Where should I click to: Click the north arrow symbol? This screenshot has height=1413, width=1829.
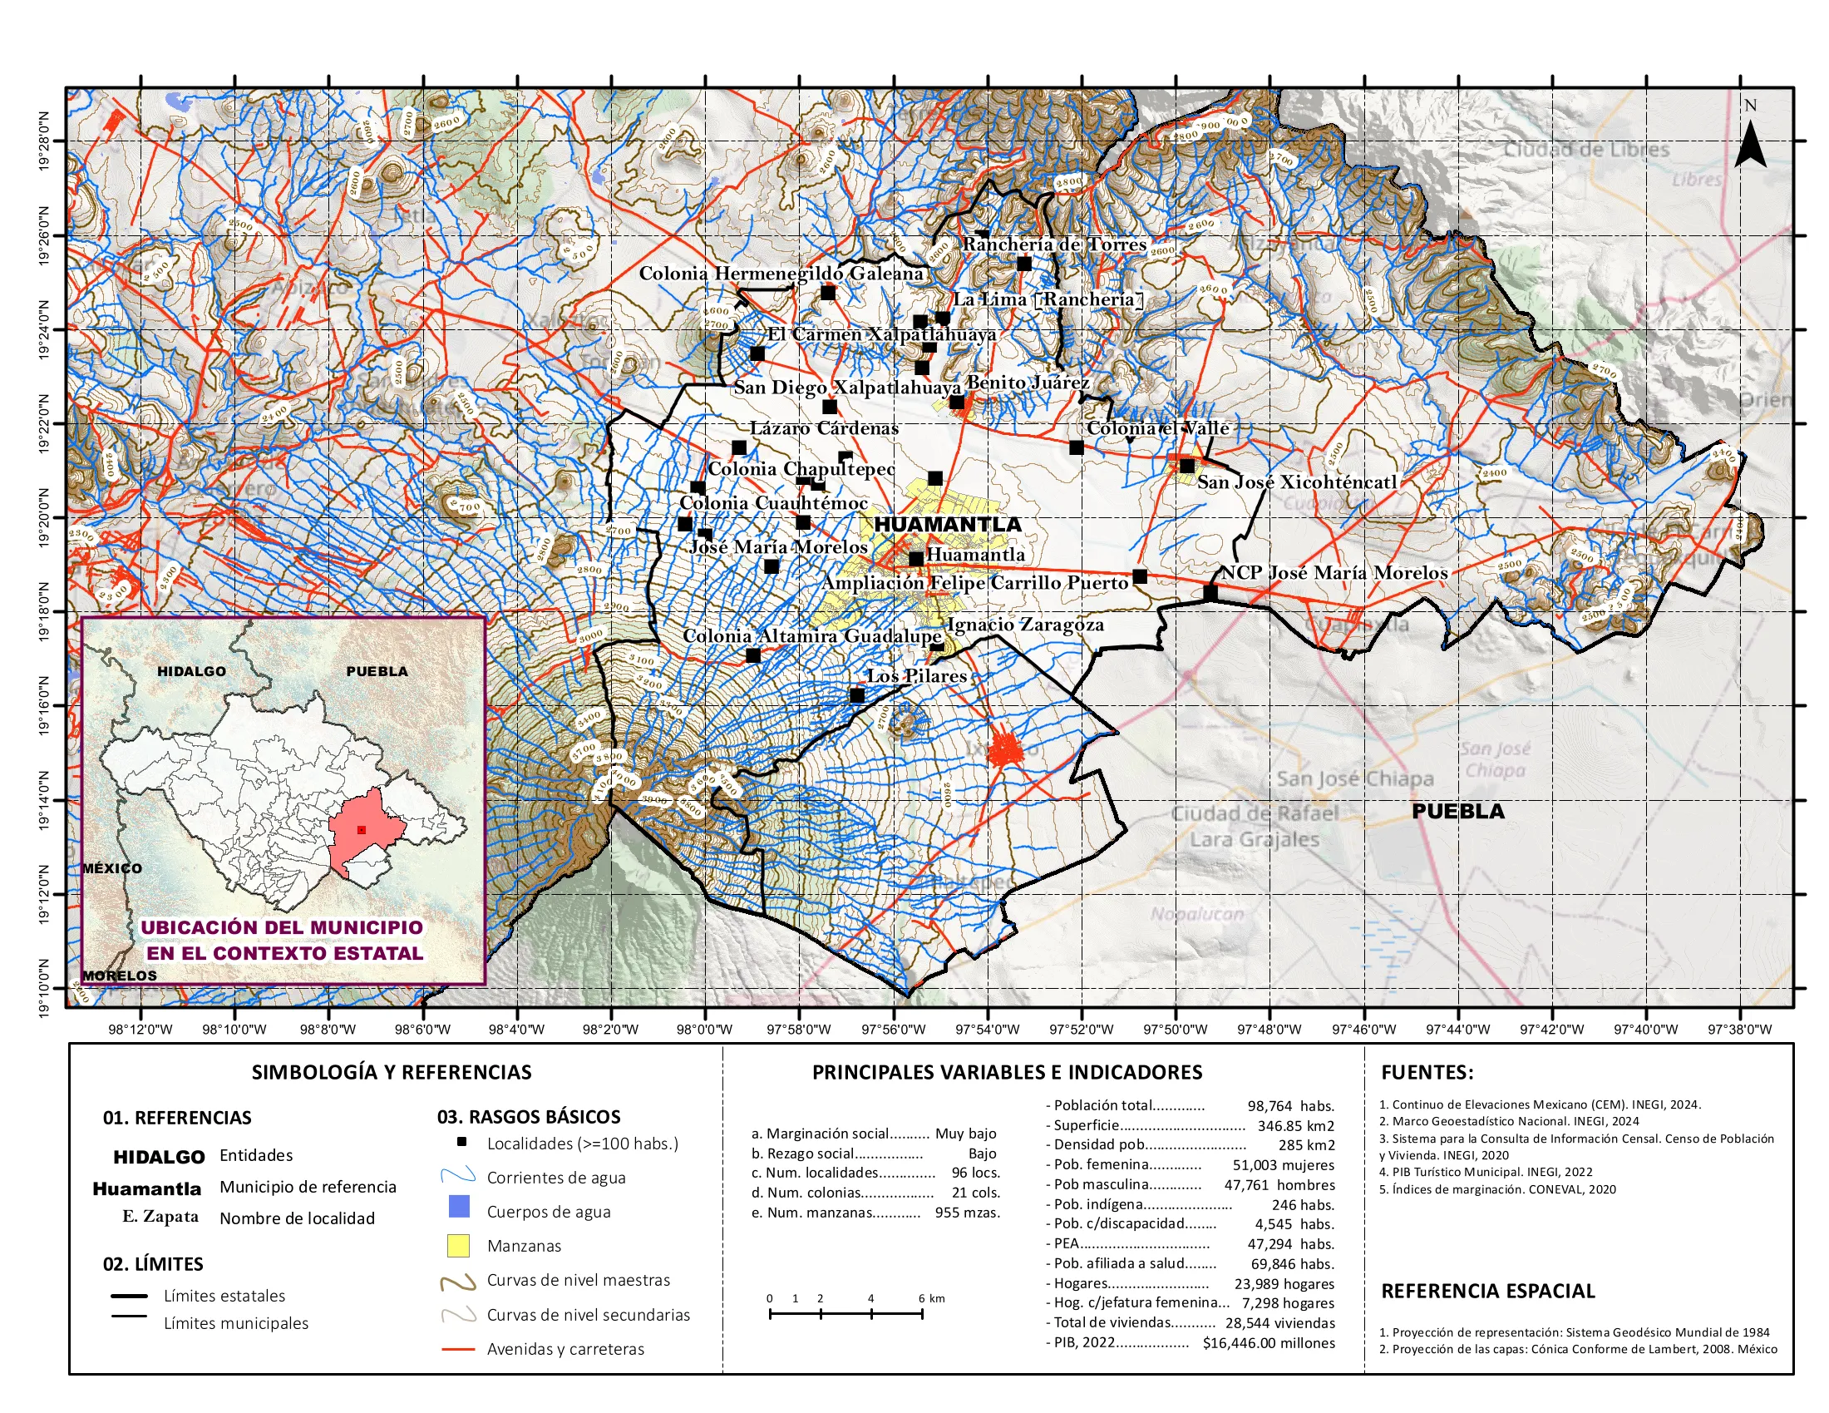pyautogui.click(x=1749, y=143)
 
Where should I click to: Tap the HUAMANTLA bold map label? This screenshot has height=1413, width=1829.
pyautogui.click(x=947, y=524)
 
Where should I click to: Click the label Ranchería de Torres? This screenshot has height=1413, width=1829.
pyautogui.click(x=1053, y=245)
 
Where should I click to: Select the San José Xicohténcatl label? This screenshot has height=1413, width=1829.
pyautogui.click(x=1296, y=482)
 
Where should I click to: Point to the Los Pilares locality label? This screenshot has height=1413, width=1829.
pyautogui.click(x=916, y=676)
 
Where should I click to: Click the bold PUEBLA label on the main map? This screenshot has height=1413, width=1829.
pyautogui.click(x=1457, y=811)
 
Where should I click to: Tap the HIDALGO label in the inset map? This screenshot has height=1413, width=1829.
pyautogui.click(x=191, y=671)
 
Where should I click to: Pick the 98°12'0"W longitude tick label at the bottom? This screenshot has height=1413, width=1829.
pyautogui.click(x=140, y=1030)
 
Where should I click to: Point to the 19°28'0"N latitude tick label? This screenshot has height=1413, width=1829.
pyautogui.click(x=44, y=141)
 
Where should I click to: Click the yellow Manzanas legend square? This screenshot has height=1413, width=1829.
pyautogui.click(x=458, y=1246)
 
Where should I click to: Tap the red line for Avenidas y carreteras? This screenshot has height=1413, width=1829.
pyautogui.click(x=457, y=1349)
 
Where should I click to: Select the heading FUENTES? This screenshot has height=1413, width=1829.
pyautogui.click(x=1426, y=1072)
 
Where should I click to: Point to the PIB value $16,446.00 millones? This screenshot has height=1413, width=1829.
pyautogui.click(x=1268, y=1343)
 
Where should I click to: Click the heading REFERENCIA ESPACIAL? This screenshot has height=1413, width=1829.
pyautogui.click(x=1487, y=1291)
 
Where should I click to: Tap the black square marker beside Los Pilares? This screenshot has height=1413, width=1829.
pyautogui.click(x=856, y=695)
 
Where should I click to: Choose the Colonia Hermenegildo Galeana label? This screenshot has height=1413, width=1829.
pyautogui.click(x=781, y=274)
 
